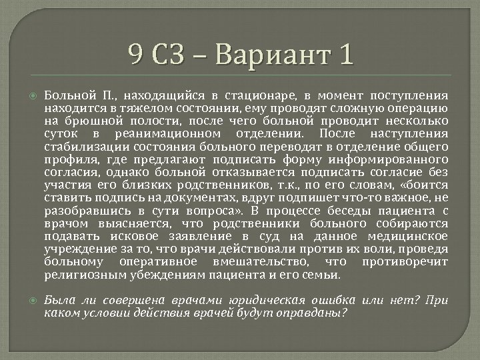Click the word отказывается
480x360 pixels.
[x=223, y=171]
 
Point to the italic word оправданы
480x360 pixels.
[x=313, y=311]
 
